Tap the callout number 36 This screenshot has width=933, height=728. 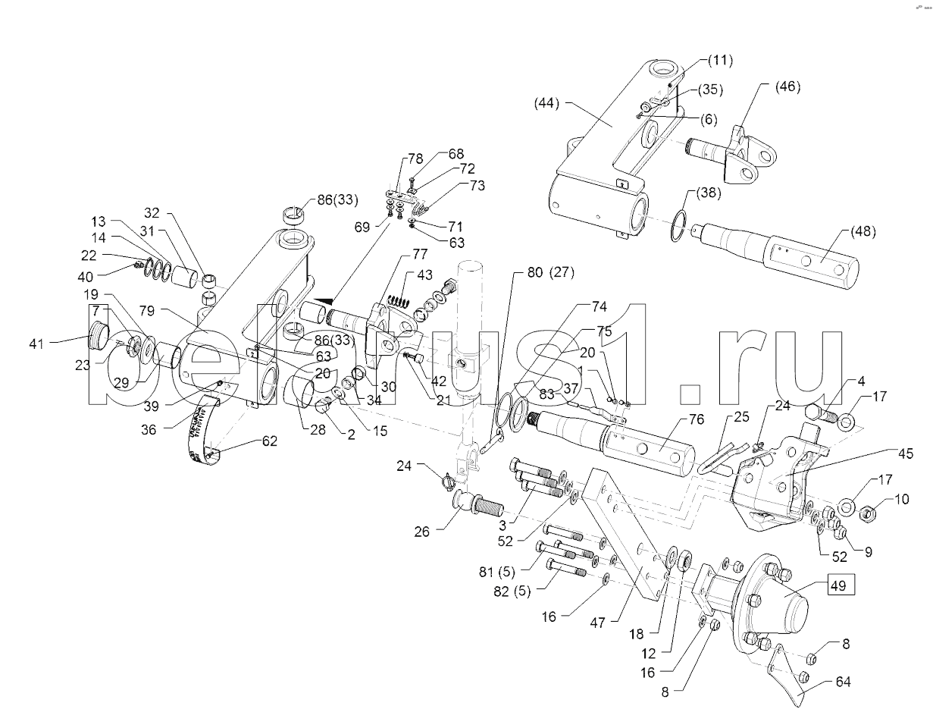(x=148, y=429)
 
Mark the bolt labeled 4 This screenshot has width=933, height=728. (x=820, y=414)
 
